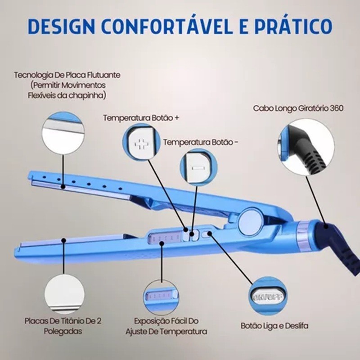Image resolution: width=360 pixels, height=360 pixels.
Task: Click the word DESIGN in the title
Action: pyautogui.click(x=61, y=26)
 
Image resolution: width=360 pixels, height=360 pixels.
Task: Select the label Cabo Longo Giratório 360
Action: pyautogui.click(x=298, y=108)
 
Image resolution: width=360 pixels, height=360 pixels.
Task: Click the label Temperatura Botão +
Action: pyautogui.click(x=141, y=118)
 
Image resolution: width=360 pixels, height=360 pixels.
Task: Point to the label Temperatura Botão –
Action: pyautogui.click(x=201, y=142)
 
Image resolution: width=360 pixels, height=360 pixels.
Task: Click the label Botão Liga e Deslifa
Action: pyautogui.click(x=274, y=325)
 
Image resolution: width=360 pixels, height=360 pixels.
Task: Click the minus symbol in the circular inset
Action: pyautogui.click(x=198, y=168)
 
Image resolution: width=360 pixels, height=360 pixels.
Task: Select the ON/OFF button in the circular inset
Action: pyautogui.click(x=268, y=297)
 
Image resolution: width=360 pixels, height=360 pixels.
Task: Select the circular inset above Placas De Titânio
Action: pyautogui.click(x=64, y=295)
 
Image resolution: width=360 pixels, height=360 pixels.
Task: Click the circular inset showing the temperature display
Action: pyautogui.click(x=161, y=297)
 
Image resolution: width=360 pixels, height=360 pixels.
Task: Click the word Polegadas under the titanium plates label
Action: pyautogui.click(x=63, y=331)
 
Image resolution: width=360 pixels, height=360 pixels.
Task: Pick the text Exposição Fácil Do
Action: pyautogui.click(x=166, y=321)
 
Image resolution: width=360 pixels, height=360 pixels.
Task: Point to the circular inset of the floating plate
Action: pyautogui.click(x=63, y=133)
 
